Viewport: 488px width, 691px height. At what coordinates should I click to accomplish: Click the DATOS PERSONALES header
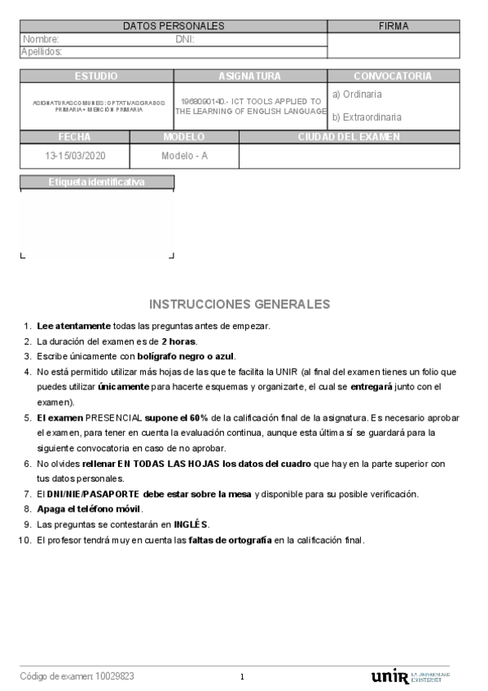pyautogui.click(x=174, y=26)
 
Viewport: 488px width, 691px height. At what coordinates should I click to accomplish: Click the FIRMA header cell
pyautogui.click(x=393, y=26)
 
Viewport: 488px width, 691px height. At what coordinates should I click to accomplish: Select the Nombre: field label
pyautogui.click(x=41, y=39)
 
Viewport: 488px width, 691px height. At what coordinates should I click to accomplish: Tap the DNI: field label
pyautogui.click(x=184, y=39)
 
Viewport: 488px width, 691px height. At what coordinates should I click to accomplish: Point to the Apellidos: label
pyautogui.click(x=42, y=51)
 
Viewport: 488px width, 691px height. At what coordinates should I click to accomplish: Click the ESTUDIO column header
pyautogui.click(x=96, y=76)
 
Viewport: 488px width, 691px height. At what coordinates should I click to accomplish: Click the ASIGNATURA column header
pyautogui.click(x=249, y=76)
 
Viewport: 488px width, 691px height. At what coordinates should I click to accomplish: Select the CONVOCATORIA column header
pyautogui.click(x=393, y=76)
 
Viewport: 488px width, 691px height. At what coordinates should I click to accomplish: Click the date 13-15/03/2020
pyautogui.click(x=74, y=155)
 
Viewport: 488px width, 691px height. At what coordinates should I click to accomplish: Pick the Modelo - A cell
pyautogui.click(x=184, y=155)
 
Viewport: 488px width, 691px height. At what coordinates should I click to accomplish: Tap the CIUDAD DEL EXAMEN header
pyautogui.click(x=349, y=137)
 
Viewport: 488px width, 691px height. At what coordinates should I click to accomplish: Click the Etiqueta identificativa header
pyautogui.click(x=96, y=182)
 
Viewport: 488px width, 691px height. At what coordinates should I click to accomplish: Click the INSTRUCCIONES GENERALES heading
pyautogui.click(x=240, y=304)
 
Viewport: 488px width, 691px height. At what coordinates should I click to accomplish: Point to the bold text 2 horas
pyautogui.click(x=178, y=341)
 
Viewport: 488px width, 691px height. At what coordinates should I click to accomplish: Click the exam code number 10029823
pyautogui.click(x=115, y=676)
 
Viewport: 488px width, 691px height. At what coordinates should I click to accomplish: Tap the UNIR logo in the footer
pyautogui.click(x=389, y=676)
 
